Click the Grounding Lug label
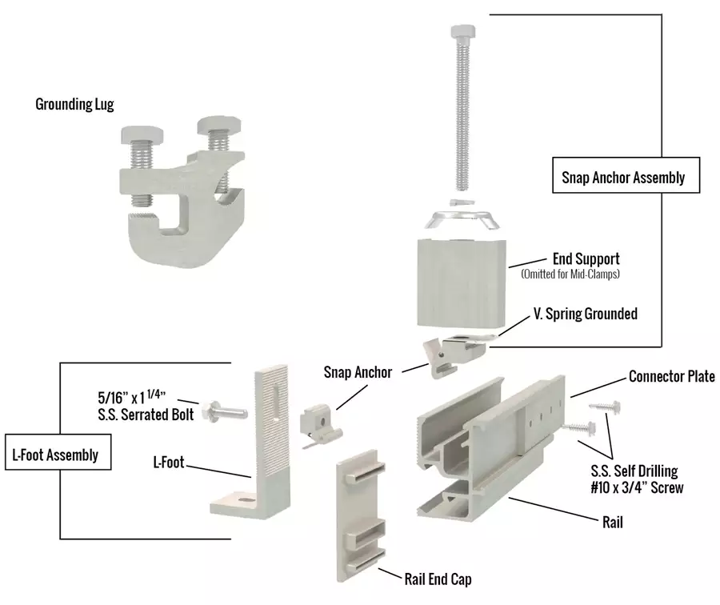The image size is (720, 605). click(74, 104)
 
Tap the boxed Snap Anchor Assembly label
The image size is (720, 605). click(626, 177)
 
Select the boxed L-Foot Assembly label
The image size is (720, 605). click(56, 455)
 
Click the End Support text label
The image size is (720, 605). click(586, 259)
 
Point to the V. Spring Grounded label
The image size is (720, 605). click(585, 314)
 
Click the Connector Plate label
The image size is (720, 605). click(671, 376)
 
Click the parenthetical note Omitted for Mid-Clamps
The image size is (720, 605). click(570, 274)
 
